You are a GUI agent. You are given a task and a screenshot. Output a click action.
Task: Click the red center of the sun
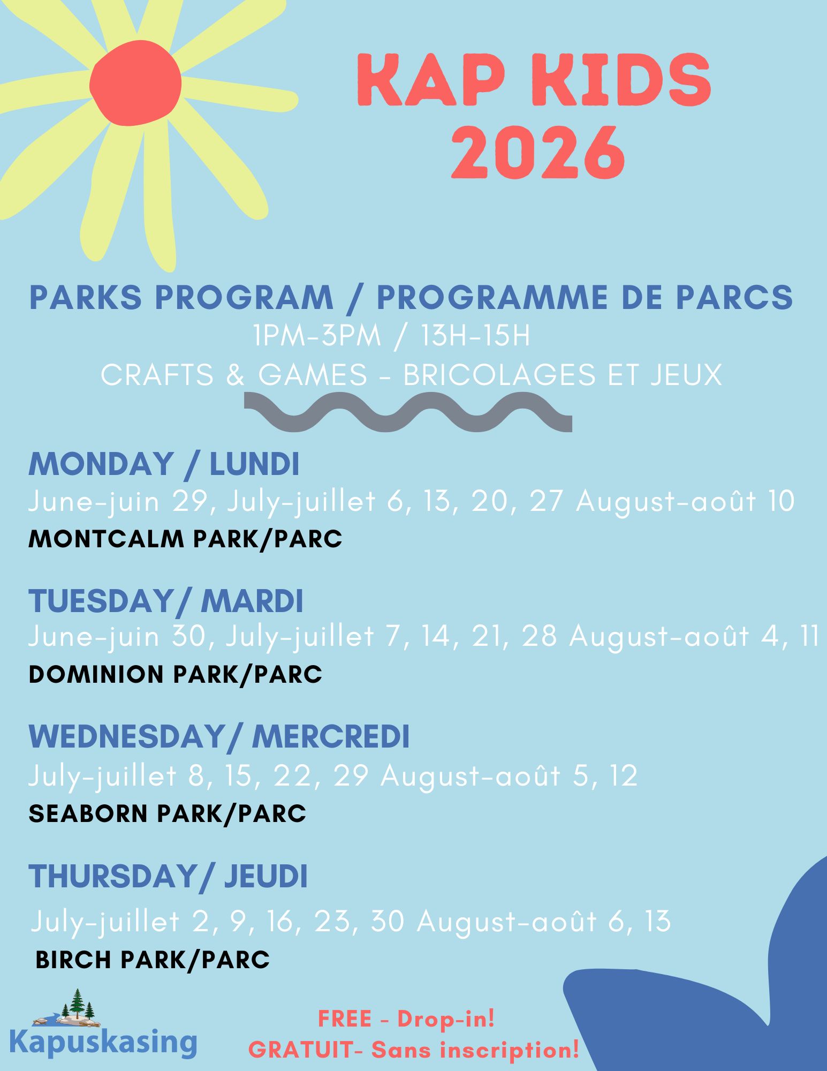[135, 85]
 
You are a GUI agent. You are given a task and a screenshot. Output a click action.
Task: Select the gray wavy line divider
[408, 412]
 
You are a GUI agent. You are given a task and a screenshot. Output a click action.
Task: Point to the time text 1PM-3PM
[317, 336]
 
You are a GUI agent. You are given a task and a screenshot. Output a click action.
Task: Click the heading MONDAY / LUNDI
[163, 464]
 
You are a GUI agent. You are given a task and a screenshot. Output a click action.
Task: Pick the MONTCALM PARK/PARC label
[185, 539]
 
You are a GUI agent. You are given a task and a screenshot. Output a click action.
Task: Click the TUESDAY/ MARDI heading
[165, 600]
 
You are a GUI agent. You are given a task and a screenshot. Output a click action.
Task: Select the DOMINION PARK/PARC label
[175, 674]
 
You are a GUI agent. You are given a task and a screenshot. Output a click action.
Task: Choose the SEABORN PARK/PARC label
[167, 813]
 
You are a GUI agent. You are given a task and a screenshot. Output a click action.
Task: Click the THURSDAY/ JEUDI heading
[168, 877]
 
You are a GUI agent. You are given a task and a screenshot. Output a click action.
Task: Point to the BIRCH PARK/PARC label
[153, 959]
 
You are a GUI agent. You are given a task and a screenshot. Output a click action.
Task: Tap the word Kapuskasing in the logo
[103, 1042]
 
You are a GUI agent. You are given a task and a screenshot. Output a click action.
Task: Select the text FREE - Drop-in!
[406, 1019]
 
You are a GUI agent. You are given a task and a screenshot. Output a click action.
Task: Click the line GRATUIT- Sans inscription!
[414, 1050]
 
